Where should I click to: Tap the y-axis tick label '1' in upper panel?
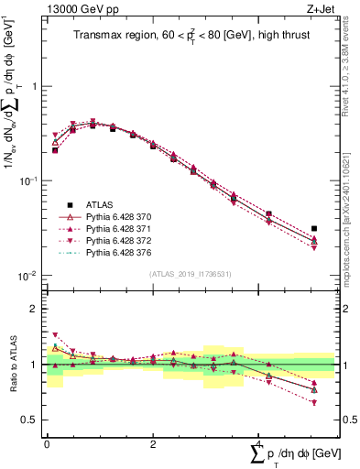35,86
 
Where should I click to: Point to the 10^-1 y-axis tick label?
29,180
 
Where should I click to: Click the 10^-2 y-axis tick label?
29,276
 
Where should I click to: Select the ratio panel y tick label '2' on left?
35,309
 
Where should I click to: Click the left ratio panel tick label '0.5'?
31,420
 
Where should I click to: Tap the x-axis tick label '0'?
47,444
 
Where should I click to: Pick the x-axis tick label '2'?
153,444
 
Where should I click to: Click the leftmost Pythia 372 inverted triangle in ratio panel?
55,335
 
